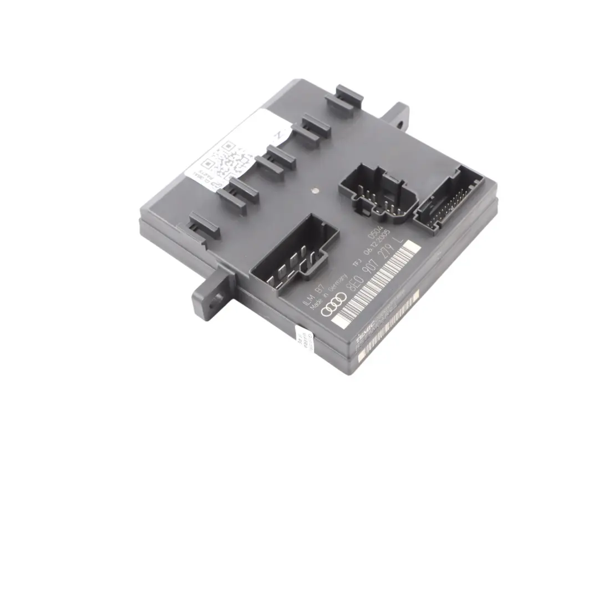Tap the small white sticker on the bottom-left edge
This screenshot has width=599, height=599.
click(x=303, y=339)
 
